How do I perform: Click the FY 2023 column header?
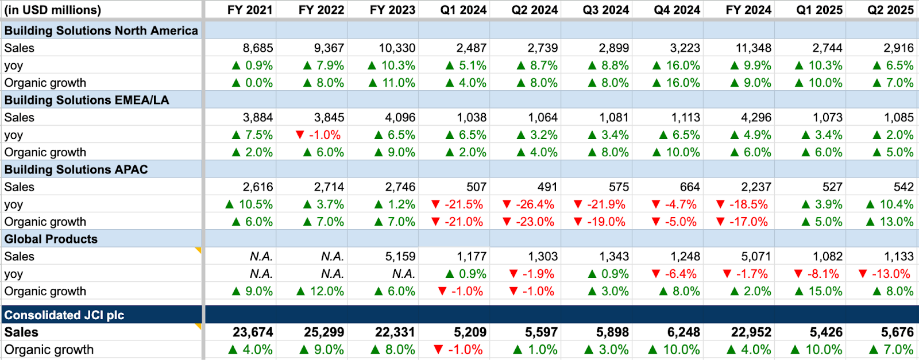click(x=392, y=10)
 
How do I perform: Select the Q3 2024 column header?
click(x=606, y=10)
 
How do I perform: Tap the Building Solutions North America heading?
click(x=101, y=30)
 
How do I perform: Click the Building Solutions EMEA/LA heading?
click(x=87, y=100)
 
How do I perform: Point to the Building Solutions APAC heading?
click(x=76, y=169)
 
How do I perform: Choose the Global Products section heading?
click(x=51, y=239)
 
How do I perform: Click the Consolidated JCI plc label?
click(x=64, y=315)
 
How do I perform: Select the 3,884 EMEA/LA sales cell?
click(x=258, y=118)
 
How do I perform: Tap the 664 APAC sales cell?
click(x=689, y=187)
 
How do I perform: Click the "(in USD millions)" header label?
click(x=52, y=10)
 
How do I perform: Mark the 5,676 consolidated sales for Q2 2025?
click(x=897, y=332)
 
